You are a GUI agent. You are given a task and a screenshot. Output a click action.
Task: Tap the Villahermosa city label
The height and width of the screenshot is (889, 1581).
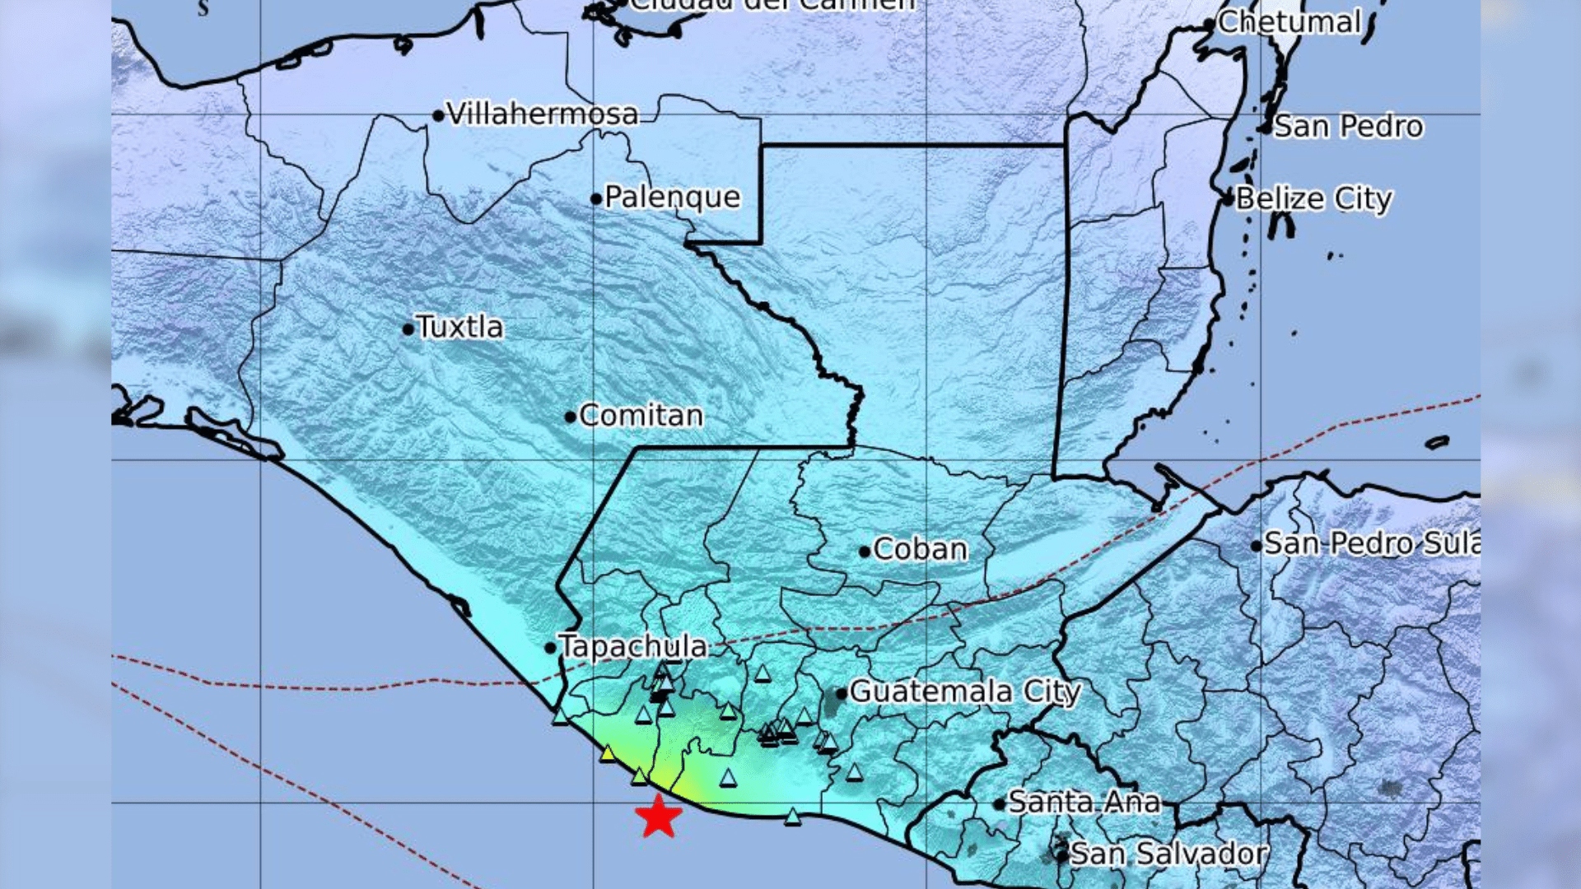(542, 114)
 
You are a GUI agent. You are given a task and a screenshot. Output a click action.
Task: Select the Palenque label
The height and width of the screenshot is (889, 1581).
(672, 198)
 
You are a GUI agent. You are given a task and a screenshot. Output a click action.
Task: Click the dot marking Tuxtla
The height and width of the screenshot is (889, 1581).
(408, 329)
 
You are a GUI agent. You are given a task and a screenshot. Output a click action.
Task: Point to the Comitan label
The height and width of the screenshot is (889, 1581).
(641, 416)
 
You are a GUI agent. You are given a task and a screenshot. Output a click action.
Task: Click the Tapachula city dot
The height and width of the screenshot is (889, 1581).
(550, 648)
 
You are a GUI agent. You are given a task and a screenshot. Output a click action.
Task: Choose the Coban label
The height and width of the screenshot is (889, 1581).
(920, 549)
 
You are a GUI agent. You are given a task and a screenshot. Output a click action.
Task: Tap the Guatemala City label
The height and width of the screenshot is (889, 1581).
(964, 691)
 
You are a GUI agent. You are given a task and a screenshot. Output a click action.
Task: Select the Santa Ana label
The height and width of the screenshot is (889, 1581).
(1084, 802)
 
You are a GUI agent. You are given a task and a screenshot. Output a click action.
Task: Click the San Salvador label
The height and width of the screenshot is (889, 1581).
(1168, 854)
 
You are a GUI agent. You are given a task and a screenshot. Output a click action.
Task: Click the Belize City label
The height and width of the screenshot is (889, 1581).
(1313, 199)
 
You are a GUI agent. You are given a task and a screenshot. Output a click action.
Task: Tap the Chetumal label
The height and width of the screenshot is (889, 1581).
(1289, 22)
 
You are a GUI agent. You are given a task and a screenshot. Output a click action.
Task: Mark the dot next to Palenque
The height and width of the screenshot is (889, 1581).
(596, 198)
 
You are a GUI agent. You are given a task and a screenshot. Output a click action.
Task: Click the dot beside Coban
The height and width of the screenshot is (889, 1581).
(864, 552)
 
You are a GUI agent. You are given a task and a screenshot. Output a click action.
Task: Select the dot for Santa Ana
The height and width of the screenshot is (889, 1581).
(999, 804)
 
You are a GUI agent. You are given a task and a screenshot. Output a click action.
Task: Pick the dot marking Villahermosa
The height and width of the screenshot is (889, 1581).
(438, 116)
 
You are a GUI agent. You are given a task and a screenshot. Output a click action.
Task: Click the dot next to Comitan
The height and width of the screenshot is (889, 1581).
(570, 417)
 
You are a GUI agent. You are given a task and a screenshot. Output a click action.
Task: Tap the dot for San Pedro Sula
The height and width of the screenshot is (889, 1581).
(1256, 546)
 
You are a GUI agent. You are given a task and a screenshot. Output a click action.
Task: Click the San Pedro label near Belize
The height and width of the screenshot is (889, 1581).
(1348, 127)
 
